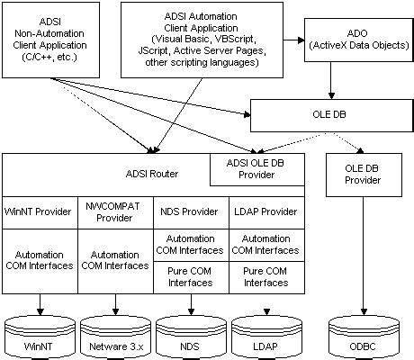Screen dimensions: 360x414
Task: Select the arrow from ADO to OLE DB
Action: pos(332,83)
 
